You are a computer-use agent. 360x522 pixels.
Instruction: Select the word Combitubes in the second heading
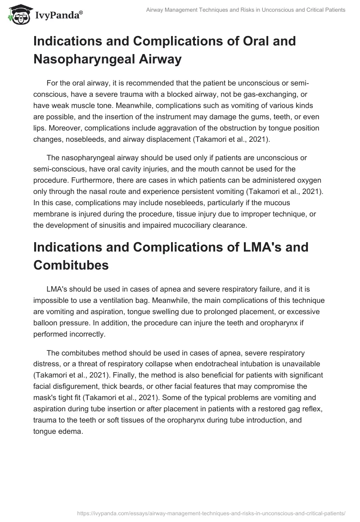tap(71, 265)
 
